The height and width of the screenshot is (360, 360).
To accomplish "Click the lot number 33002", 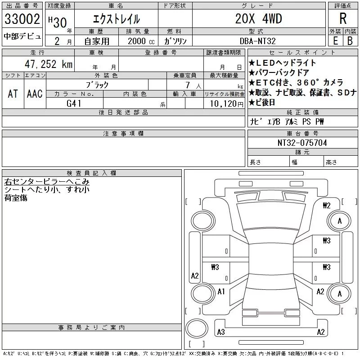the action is [22, 19].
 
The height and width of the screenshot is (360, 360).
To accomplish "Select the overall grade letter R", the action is [343, 19].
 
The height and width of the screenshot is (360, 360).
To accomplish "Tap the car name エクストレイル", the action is [116, 19].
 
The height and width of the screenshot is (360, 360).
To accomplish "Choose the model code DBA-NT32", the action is [258, 41].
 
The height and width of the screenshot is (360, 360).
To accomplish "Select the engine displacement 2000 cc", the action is [140, 41].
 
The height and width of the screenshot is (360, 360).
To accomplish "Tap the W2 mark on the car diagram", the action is [327, 206].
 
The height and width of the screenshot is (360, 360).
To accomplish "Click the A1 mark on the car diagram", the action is [221, 292].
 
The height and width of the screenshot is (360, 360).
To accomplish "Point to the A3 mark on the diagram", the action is [220, 332].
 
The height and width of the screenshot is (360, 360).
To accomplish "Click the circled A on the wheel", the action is [340, 221].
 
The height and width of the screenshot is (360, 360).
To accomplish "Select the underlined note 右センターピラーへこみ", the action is [47, 182].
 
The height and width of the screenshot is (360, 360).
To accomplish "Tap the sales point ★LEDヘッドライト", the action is [282, 63].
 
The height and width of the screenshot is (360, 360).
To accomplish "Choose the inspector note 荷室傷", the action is [16, 198].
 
